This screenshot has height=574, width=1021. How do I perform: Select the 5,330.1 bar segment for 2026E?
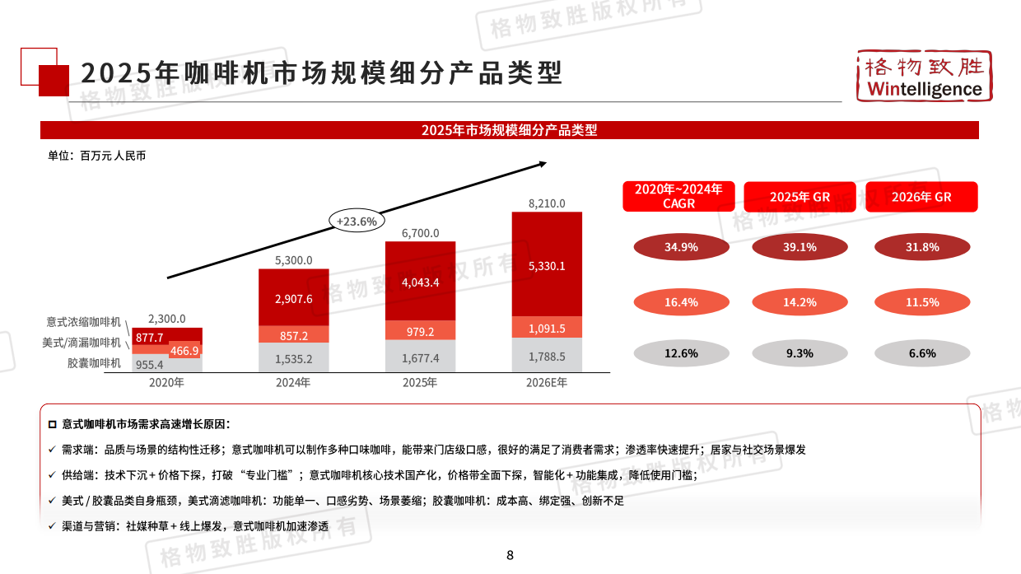547,265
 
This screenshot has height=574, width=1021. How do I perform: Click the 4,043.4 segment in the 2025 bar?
420,282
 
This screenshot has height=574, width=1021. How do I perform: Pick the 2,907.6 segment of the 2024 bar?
293,298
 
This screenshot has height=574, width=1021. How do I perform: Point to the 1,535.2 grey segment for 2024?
293,358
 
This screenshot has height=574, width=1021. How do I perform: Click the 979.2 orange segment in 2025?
420,331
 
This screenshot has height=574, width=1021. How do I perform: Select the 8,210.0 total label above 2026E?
547,203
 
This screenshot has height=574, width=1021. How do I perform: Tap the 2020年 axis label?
166,383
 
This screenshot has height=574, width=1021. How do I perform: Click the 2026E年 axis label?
547,383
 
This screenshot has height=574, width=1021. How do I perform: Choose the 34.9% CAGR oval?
681,247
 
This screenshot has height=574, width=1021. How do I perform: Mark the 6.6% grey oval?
921,353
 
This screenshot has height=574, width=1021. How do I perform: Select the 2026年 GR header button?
921,198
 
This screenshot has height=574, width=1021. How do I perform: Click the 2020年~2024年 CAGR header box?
678,197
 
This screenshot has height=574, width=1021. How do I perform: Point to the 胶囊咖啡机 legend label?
94,363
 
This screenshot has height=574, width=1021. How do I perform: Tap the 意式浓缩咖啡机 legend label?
83,322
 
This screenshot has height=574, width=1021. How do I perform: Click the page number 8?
510,555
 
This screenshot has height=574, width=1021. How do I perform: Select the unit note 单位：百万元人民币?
96,156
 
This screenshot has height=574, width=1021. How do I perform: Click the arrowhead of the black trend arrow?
543,163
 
